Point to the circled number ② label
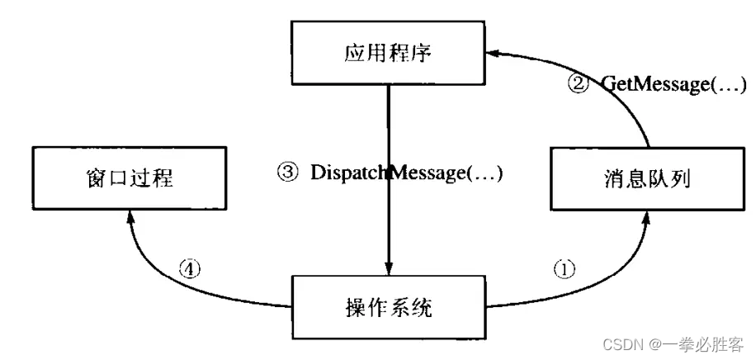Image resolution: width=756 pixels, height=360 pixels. point(581,83)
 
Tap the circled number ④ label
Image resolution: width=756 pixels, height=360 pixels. point(190,269)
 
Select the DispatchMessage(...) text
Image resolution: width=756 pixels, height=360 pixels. point(406,173)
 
